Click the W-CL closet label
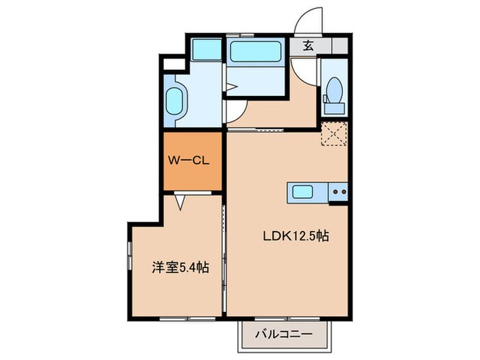click(189, 160)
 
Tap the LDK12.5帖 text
click(296, 236)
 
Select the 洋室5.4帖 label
click(180, 267)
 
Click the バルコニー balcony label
click(284, 334)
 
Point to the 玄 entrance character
click(309, 46)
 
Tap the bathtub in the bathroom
click(256, 51)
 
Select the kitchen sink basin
click(302, 192)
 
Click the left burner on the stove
click(335, 192)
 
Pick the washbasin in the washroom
click(174, 101)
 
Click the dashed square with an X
click(334, 134)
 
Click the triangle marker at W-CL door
click(180, 202)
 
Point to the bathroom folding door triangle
click(231, 87)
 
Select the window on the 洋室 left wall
click(130, 256)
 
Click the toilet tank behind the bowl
click(335, 108)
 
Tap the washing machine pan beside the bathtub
click(206, 49)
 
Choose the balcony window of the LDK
click(287, 319)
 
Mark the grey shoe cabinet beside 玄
click(340, 46)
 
